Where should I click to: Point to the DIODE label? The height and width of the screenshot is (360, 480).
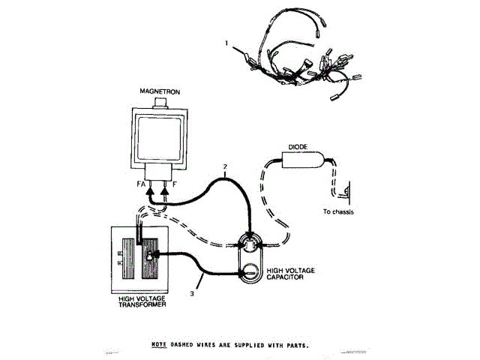click(x=298, y=147)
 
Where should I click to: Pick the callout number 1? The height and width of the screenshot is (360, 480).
click(x=226, y=44)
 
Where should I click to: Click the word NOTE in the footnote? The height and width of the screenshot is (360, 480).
click(x=158, y=346)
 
